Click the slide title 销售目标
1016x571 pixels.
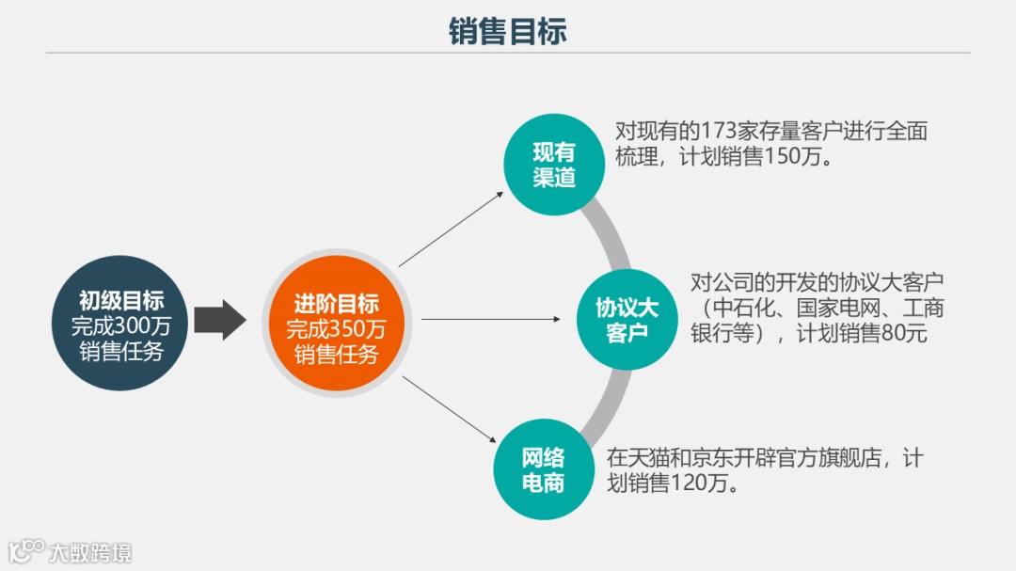(x=508, y=31)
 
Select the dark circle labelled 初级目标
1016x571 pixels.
(x=120, y=324)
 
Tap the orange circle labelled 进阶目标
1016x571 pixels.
(x=336, y=324)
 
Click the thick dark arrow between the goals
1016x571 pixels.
(x=219, y=320)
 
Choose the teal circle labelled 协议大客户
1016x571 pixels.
(x=627, y=320)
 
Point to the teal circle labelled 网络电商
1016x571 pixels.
(x=543, y=470)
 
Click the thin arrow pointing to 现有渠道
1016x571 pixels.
(x=452, y=228)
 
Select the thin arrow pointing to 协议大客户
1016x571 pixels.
(x=490, y=320)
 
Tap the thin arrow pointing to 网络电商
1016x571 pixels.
(x=450, y=409)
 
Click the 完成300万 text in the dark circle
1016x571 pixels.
(x=120, y=326)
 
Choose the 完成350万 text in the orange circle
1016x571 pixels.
(x=336, y=329)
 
